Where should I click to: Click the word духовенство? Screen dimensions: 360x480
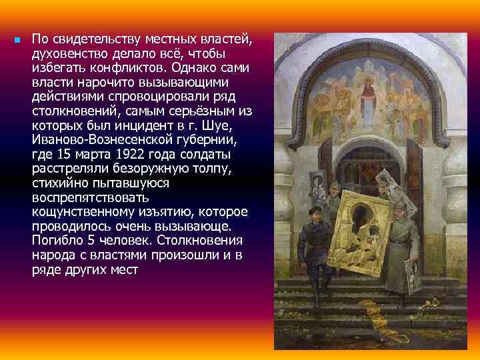coord(65,53)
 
